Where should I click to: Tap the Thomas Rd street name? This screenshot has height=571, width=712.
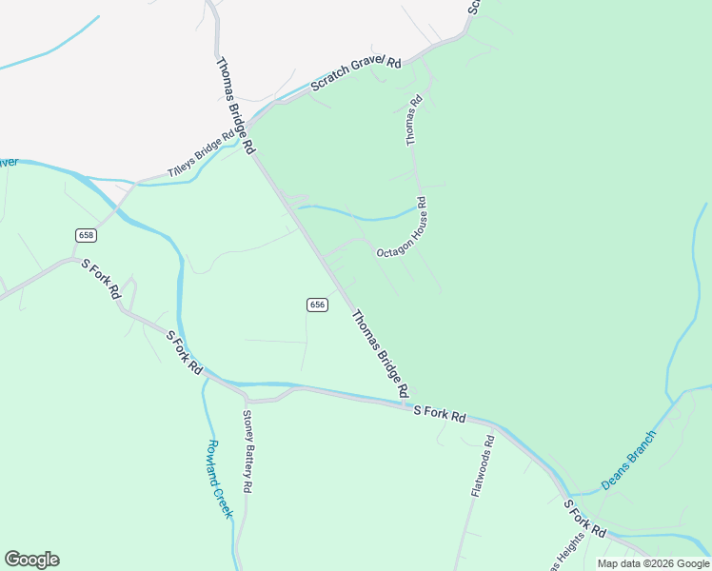click(414, 120)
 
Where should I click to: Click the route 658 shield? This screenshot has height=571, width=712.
click(87, 234)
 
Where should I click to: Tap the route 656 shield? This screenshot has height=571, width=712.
click(318, 305)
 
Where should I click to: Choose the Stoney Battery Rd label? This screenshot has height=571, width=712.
click(247, 451)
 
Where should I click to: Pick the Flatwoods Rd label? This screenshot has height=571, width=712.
click(484, 467)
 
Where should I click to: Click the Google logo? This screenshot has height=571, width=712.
click(31, 560)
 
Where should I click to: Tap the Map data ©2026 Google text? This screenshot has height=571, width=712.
click(652, 563)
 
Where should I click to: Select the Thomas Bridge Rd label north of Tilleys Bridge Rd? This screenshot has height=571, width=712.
click(235, 106)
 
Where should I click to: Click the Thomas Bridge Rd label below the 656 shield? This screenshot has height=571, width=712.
click(381, 353)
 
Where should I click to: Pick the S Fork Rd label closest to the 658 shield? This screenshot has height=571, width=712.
click(100, 278)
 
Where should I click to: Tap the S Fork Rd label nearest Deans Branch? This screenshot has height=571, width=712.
click(583, 518)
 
